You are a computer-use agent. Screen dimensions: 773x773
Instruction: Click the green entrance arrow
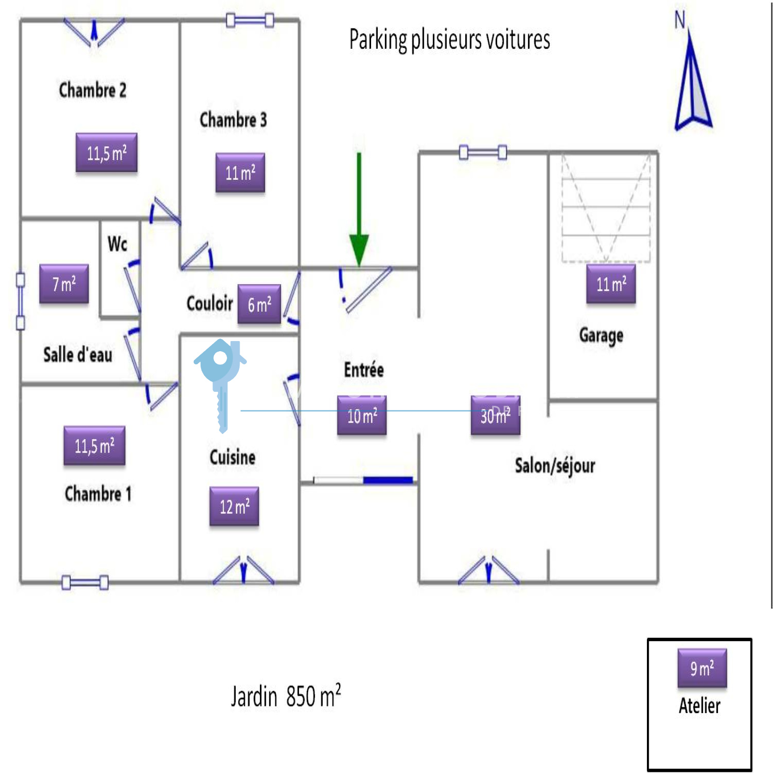coord(359,213)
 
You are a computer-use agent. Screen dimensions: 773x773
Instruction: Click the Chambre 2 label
coord(92,90)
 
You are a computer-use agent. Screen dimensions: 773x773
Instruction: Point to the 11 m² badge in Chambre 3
coord(240,172)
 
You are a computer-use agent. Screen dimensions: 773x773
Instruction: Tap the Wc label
coord(117,244)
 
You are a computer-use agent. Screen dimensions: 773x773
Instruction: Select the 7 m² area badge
coord(64,284)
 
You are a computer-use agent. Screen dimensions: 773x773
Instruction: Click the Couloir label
coord(210,303)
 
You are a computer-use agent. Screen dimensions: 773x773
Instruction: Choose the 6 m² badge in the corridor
coord(259,304)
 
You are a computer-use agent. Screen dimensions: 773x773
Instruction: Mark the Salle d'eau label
coord(78,355)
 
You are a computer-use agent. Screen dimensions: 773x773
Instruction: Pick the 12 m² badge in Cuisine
coord(234,506)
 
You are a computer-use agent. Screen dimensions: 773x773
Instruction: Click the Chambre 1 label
coord(98,494)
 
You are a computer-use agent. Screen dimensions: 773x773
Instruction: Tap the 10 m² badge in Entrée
coord(362,415)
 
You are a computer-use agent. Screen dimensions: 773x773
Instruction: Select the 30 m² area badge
coord(496,415)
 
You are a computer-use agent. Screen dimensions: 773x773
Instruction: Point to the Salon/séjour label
coord(555,466)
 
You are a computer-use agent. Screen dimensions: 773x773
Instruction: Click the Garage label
coord(601,335)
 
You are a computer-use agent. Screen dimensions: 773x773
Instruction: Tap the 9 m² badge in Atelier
coord(702,668)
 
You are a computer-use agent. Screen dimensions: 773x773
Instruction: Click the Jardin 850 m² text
coord(286,696)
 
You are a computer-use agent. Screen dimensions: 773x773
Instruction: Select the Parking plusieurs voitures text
coord(449,40)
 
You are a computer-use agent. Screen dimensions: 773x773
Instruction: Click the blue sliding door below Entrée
coord(388,480)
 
